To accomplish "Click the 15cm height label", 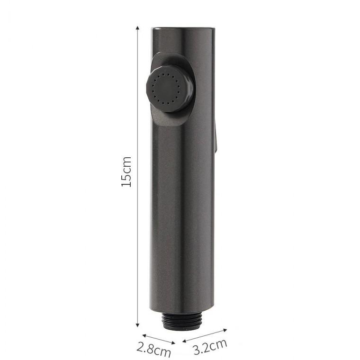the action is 126,172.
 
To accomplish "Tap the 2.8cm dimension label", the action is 153,349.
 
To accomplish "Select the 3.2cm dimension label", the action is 210,346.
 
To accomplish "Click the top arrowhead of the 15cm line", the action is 137,28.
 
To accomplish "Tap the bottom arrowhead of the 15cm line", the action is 137,324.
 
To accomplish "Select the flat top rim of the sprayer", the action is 183,28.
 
